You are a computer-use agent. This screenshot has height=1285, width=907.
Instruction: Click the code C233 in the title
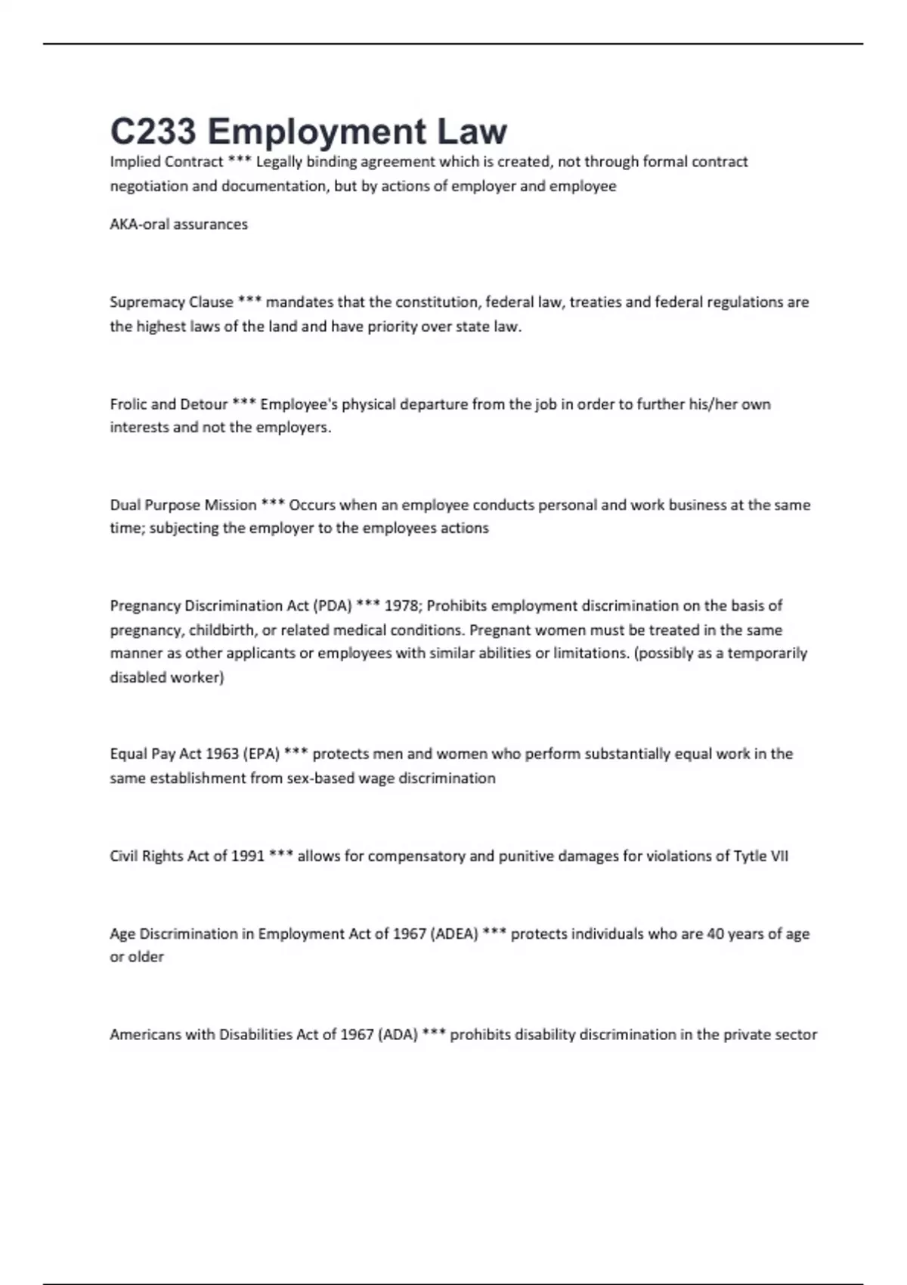153,132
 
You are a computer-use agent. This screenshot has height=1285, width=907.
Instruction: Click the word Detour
204,404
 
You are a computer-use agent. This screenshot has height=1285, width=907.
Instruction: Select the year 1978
399,605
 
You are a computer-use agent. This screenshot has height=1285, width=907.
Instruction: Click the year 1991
248,856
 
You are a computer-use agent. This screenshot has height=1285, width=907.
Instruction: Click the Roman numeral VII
779,856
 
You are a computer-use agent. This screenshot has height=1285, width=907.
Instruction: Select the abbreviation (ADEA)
453,934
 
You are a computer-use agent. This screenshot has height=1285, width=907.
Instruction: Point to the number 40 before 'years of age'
715,934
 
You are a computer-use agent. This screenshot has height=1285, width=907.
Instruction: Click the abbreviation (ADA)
398,1035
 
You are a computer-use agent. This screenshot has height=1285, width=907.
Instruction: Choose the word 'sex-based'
320,779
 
